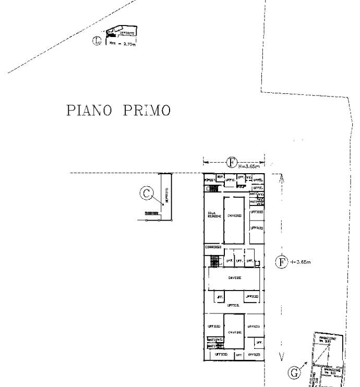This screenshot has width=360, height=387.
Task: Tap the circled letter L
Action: (97, 41)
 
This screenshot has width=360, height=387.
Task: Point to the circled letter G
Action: (295, 372)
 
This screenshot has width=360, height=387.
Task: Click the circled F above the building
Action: (232, 162)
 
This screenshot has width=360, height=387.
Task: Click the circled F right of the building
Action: (282, 262)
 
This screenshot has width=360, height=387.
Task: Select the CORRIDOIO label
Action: (214, 247)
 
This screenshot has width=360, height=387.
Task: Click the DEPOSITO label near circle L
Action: (127, 33)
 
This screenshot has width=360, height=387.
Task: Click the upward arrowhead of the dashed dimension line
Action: (282, 178)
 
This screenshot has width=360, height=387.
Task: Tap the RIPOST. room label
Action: (210, 180)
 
